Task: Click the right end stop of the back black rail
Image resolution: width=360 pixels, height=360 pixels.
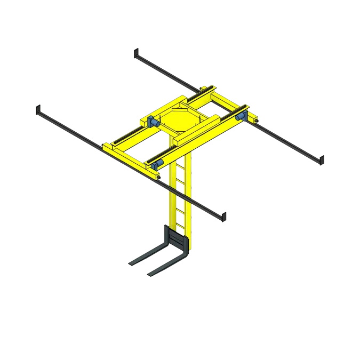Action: click(323, 159)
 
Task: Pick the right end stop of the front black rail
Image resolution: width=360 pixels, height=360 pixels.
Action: click(225, 216)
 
